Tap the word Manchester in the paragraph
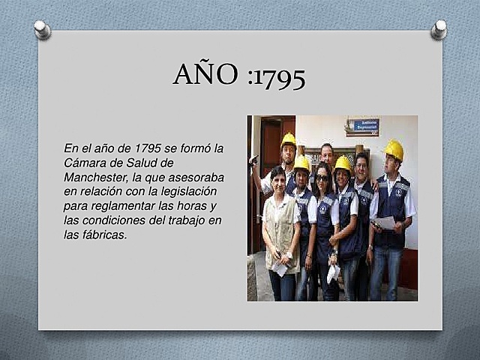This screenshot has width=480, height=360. (x=97, y=176)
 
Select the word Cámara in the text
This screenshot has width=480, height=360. (x=86, y=162)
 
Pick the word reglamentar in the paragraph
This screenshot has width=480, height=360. (x=121, y=205)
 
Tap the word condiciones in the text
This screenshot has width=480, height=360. (x=121, y=220)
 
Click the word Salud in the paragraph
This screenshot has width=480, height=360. (x=158, y=162)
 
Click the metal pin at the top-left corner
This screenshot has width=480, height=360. (x=42, y=29)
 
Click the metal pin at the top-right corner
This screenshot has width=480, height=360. (x=439, y=29)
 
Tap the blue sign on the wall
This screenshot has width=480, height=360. (x=362, y=126)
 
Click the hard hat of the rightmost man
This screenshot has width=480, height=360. (x=394, y=149)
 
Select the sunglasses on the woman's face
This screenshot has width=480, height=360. (x=322, y=178)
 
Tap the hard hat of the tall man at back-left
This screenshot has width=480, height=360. (x=288, y=139)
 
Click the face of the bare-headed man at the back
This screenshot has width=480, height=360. (x=327, y=154)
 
